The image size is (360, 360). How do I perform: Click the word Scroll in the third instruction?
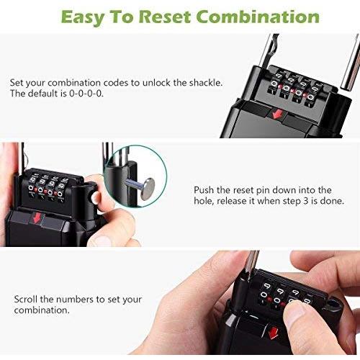(x=26, y=299)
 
